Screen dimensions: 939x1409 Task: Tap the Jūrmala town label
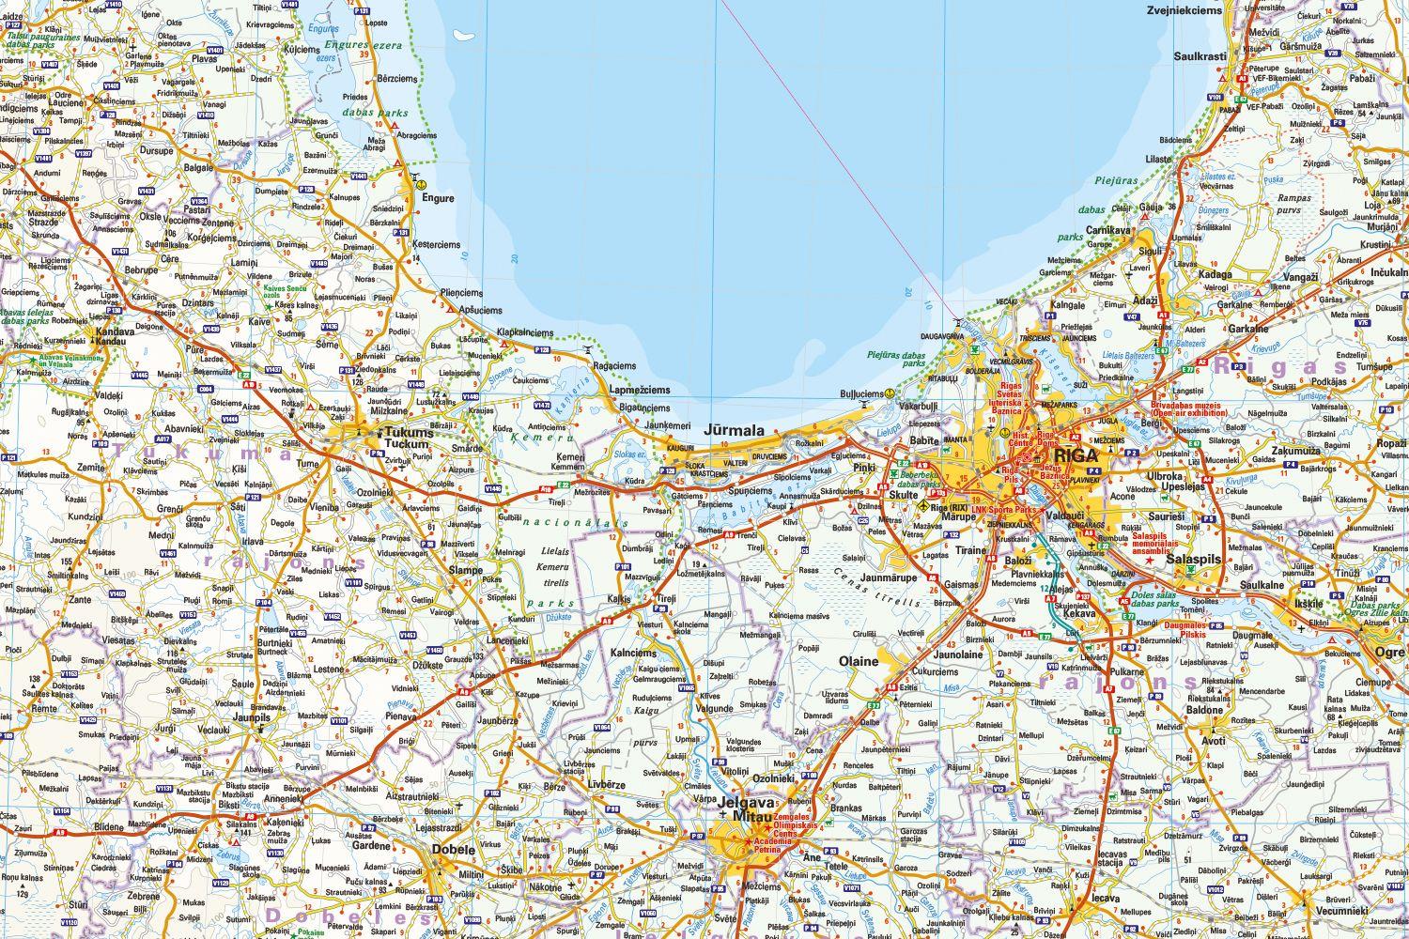(x=735, y=431)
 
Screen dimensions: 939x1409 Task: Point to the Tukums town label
(x=410, y=434)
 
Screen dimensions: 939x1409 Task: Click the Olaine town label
(x=859, y=661)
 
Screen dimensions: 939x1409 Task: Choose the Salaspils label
(x=1193, y=558)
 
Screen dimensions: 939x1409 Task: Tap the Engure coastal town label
(x=437, y=199)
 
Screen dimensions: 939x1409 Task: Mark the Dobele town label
(x=454, y=849)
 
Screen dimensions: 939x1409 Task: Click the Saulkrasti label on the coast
(x=1200, y=56)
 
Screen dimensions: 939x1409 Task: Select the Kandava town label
(x=111, y=331)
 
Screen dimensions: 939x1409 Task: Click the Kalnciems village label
(x=633, y=653)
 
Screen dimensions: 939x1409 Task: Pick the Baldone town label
(x=1205, y=711)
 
